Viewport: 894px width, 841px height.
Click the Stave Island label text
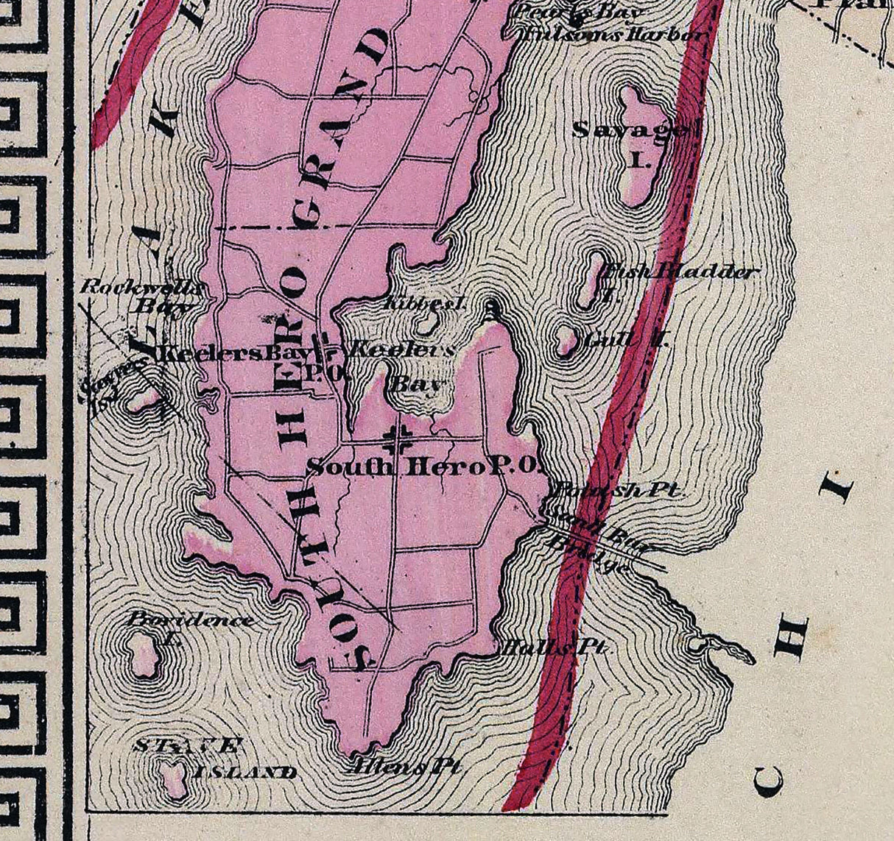[214, 758]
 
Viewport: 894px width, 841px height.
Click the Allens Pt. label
[406, 765]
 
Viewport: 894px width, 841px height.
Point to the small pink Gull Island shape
[566, 340]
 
